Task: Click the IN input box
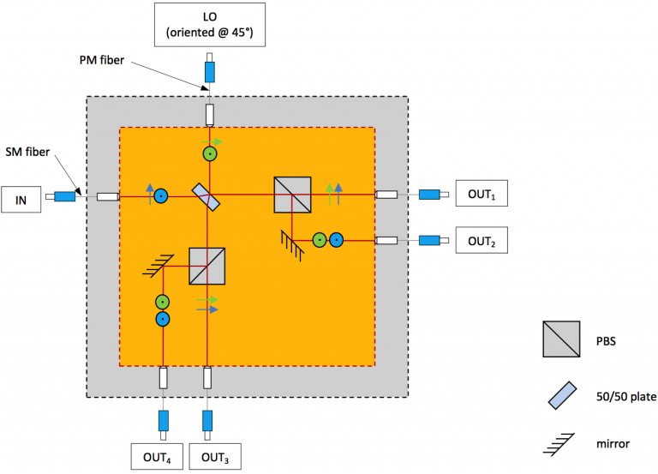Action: [x=21, y=200]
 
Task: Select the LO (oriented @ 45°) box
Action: [x=210, y=24]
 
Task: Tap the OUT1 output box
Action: [x=482, y=193]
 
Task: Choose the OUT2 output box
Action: [x=482, y=240]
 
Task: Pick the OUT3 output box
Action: [x=215, y=456]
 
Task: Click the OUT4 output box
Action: [x=157, y=456]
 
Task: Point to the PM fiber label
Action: [x=102, y=60]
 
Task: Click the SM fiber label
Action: [x=27, y=152]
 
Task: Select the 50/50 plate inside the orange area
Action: [x=206, y=197]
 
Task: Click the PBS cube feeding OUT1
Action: [x=292, y=195]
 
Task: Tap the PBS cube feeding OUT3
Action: [x=206, y=267]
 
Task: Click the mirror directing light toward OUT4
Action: [x=159, y=266]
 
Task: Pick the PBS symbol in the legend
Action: [x=561, y=339]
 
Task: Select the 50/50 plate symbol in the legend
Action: [x=563, y=395]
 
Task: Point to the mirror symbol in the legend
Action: [x=559, y=444]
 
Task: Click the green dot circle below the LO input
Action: [x=210, y=154]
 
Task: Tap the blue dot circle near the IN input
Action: [x=161, y=196]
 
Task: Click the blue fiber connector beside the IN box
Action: [x=64, y=196]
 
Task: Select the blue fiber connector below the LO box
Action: [x=210, y=72]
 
